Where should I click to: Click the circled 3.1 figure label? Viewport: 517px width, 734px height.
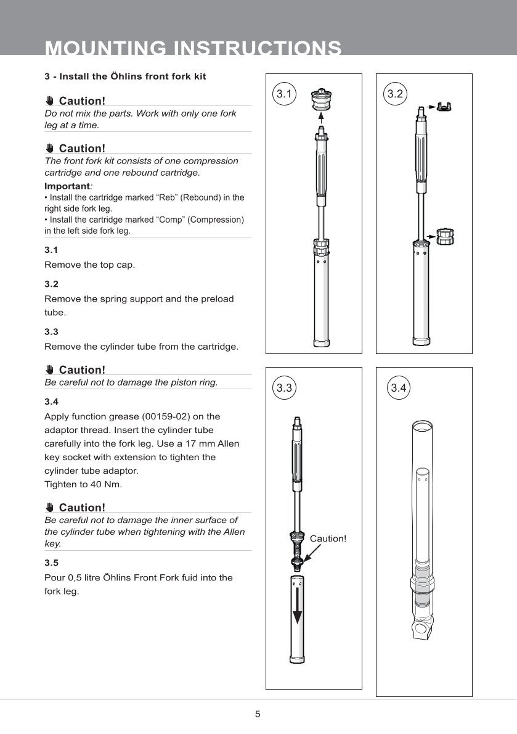[x=284, y=94]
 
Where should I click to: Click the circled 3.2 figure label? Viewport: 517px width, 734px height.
[x=395, y=94]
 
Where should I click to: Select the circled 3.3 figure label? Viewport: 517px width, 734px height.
[x=284, y=388]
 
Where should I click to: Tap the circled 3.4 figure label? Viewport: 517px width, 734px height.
[x=399, y=388]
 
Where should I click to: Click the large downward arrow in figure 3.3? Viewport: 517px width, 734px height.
[x=298, y=607]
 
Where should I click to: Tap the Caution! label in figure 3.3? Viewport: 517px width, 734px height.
[x=328, y=538]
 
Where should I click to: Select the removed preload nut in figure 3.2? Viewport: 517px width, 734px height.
[x=444, y=236]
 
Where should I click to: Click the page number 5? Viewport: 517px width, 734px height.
[x=258, y=714]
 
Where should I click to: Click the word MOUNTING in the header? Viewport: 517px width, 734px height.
[x=106, y=48]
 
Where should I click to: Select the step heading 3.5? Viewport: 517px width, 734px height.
[x=51, y=563]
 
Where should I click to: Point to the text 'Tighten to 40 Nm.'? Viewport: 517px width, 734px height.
[x=83, y=484]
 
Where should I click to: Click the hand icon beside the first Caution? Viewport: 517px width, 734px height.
[x=50, y=101]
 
